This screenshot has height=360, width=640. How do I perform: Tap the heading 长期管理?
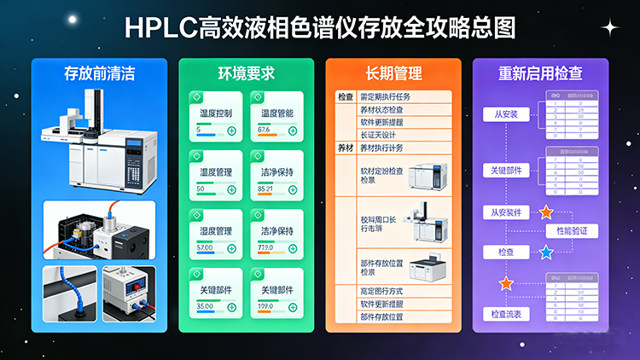(393, 73)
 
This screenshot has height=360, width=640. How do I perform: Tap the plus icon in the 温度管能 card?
(293, 131)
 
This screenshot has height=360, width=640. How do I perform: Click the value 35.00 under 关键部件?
(206, 305)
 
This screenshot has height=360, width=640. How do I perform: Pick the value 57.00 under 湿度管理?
(206, 247)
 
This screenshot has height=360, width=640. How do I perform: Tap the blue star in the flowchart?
(546, 253)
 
